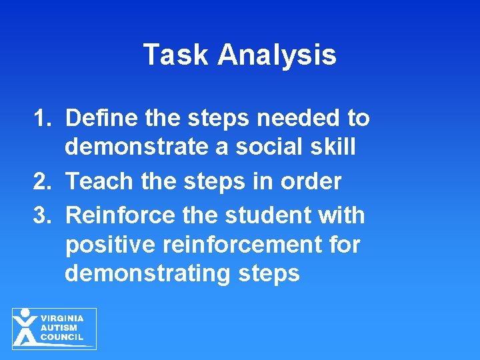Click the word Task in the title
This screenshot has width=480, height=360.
coord(175,55)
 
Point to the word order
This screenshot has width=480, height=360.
coord(313,181)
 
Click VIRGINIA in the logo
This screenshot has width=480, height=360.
coord(63,319)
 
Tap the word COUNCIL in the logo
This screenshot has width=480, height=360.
coord(62,337)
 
